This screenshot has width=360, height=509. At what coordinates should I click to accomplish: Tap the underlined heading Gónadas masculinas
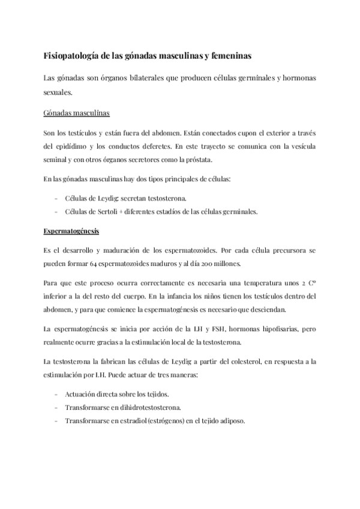(76, 113)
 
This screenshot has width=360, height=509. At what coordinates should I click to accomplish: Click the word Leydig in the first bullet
(112, 198)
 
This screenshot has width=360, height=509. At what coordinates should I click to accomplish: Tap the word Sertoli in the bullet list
(115, 211)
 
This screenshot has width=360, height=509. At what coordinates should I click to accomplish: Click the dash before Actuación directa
(55, 394)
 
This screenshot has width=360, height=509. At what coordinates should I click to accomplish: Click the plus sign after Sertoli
(135, 211)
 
